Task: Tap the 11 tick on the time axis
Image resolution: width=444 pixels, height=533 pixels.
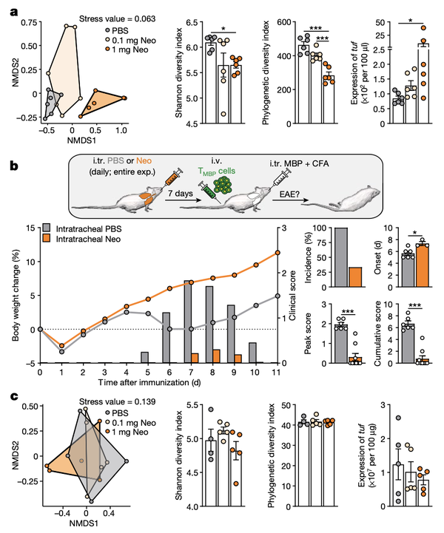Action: pyautogui.click(x=277, y=374)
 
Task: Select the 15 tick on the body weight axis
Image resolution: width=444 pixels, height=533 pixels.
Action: pyautogui.click(x=27, y=228)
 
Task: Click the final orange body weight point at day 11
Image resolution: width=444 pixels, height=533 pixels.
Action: pyautogui.click(x=277, y=253)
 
